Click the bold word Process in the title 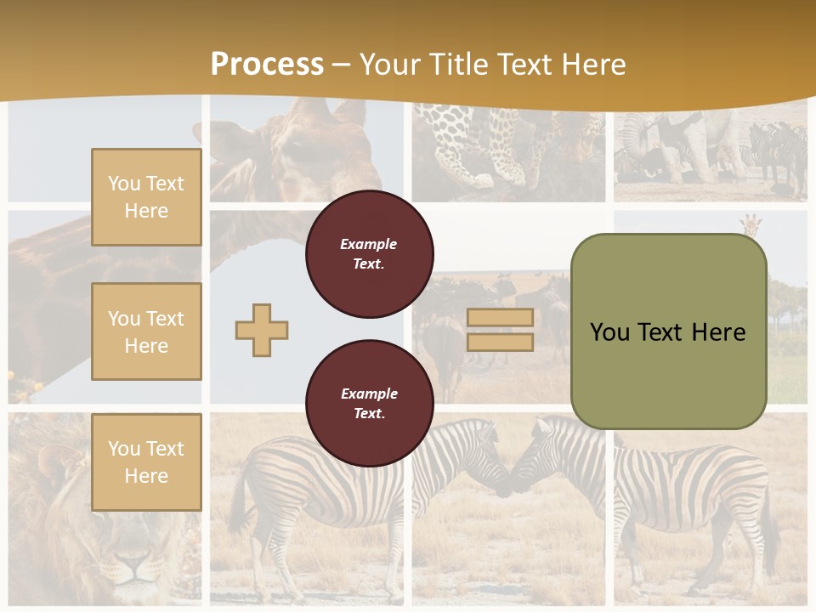(x=267, y=65)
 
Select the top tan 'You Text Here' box (x=146, y=197)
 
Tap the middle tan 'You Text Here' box (x=146, y=331)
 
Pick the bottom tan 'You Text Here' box (x=146, y=462)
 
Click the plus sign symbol (x=262, y=330)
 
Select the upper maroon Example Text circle (x=369, y=254)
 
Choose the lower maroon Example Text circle (x=369, y=403)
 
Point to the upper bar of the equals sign (x=500, y=318)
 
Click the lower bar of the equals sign (x=500, y=342)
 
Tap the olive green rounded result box (x=668, y=331)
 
